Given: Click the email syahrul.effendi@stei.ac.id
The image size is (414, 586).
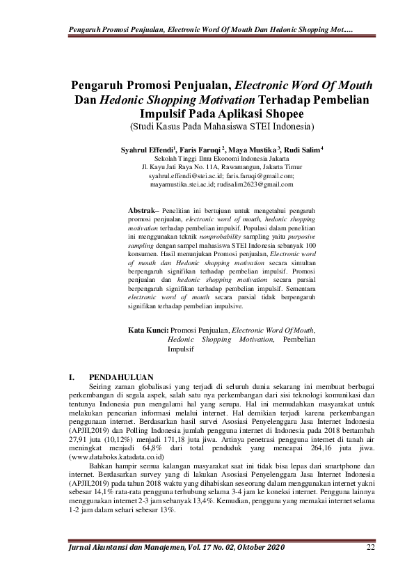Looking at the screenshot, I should tap(182, 176).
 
